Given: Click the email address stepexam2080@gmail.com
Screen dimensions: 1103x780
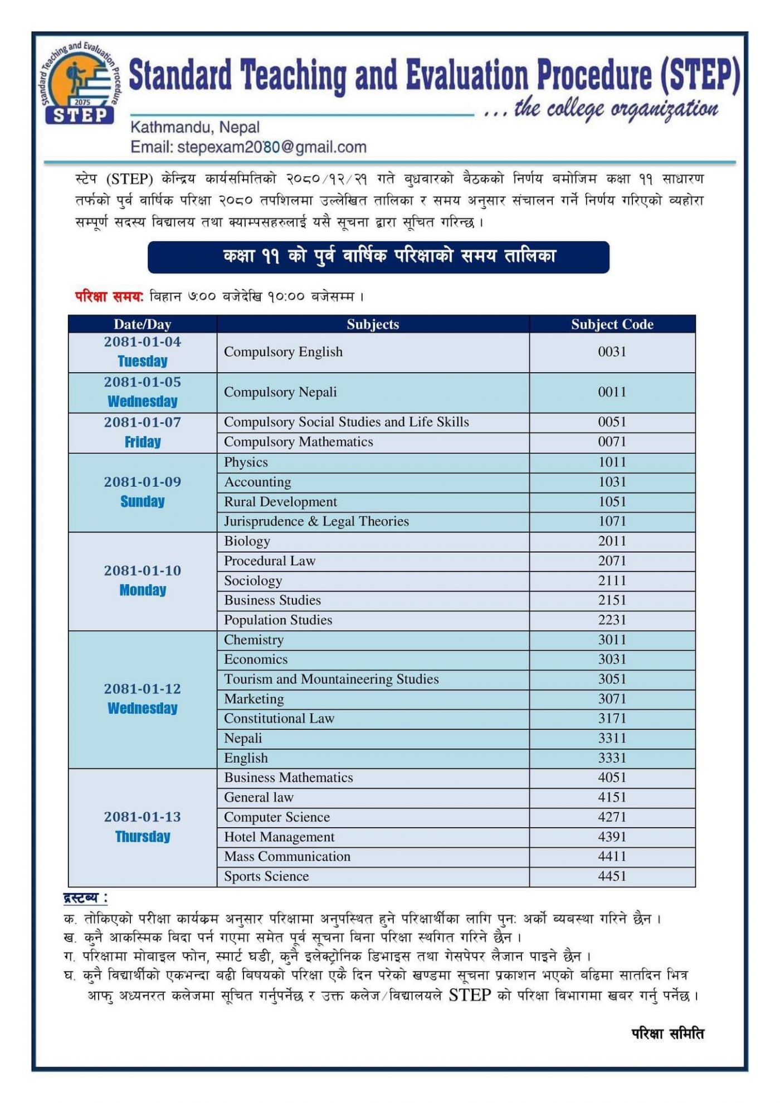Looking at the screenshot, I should point(248,147).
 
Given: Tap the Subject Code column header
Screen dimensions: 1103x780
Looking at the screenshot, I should point(612,324).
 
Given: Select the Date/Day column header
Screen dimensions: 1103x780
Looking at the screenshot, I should point(142,324).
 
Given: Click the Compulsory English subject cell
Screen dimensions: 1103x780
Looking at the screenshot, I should point(283,352).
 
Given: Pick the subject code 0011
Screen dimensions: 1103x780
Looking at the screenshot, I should point(612,392).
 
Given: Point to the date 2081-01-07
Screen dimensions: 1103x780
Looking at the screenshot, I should point(143,422).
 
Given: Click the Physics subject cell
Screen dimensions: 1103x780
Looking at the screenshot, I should point(246,462).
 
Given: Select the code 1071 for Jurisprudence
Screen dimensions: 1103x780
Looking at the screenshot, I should point(612,521).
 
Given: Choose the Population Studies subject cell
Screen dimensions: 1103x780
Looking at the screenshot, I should point(278,620).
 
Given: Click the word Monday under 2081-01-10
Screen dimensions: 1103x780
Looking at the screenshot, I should point(143,590).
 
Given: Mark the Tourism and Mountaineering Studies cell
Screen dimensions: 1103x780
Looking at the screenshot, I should point(331,679).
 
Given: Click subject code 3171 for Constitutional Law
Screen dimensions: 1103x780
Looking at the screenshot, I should point(612,719).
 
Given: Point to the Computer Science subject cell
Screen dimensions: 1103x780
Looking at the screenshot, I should point(277,817).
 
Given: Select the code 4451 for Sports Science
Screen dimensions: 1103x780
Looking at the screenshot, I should point(612,876).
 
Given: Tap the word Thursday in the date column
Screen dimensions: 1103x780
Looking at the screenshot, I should point(143,837).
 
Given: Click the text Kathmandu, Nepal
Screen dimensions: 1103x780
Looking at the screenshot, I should point(195,127).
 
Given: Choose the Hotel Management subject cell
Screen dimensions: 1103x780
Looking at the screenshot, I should point(279,837).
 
